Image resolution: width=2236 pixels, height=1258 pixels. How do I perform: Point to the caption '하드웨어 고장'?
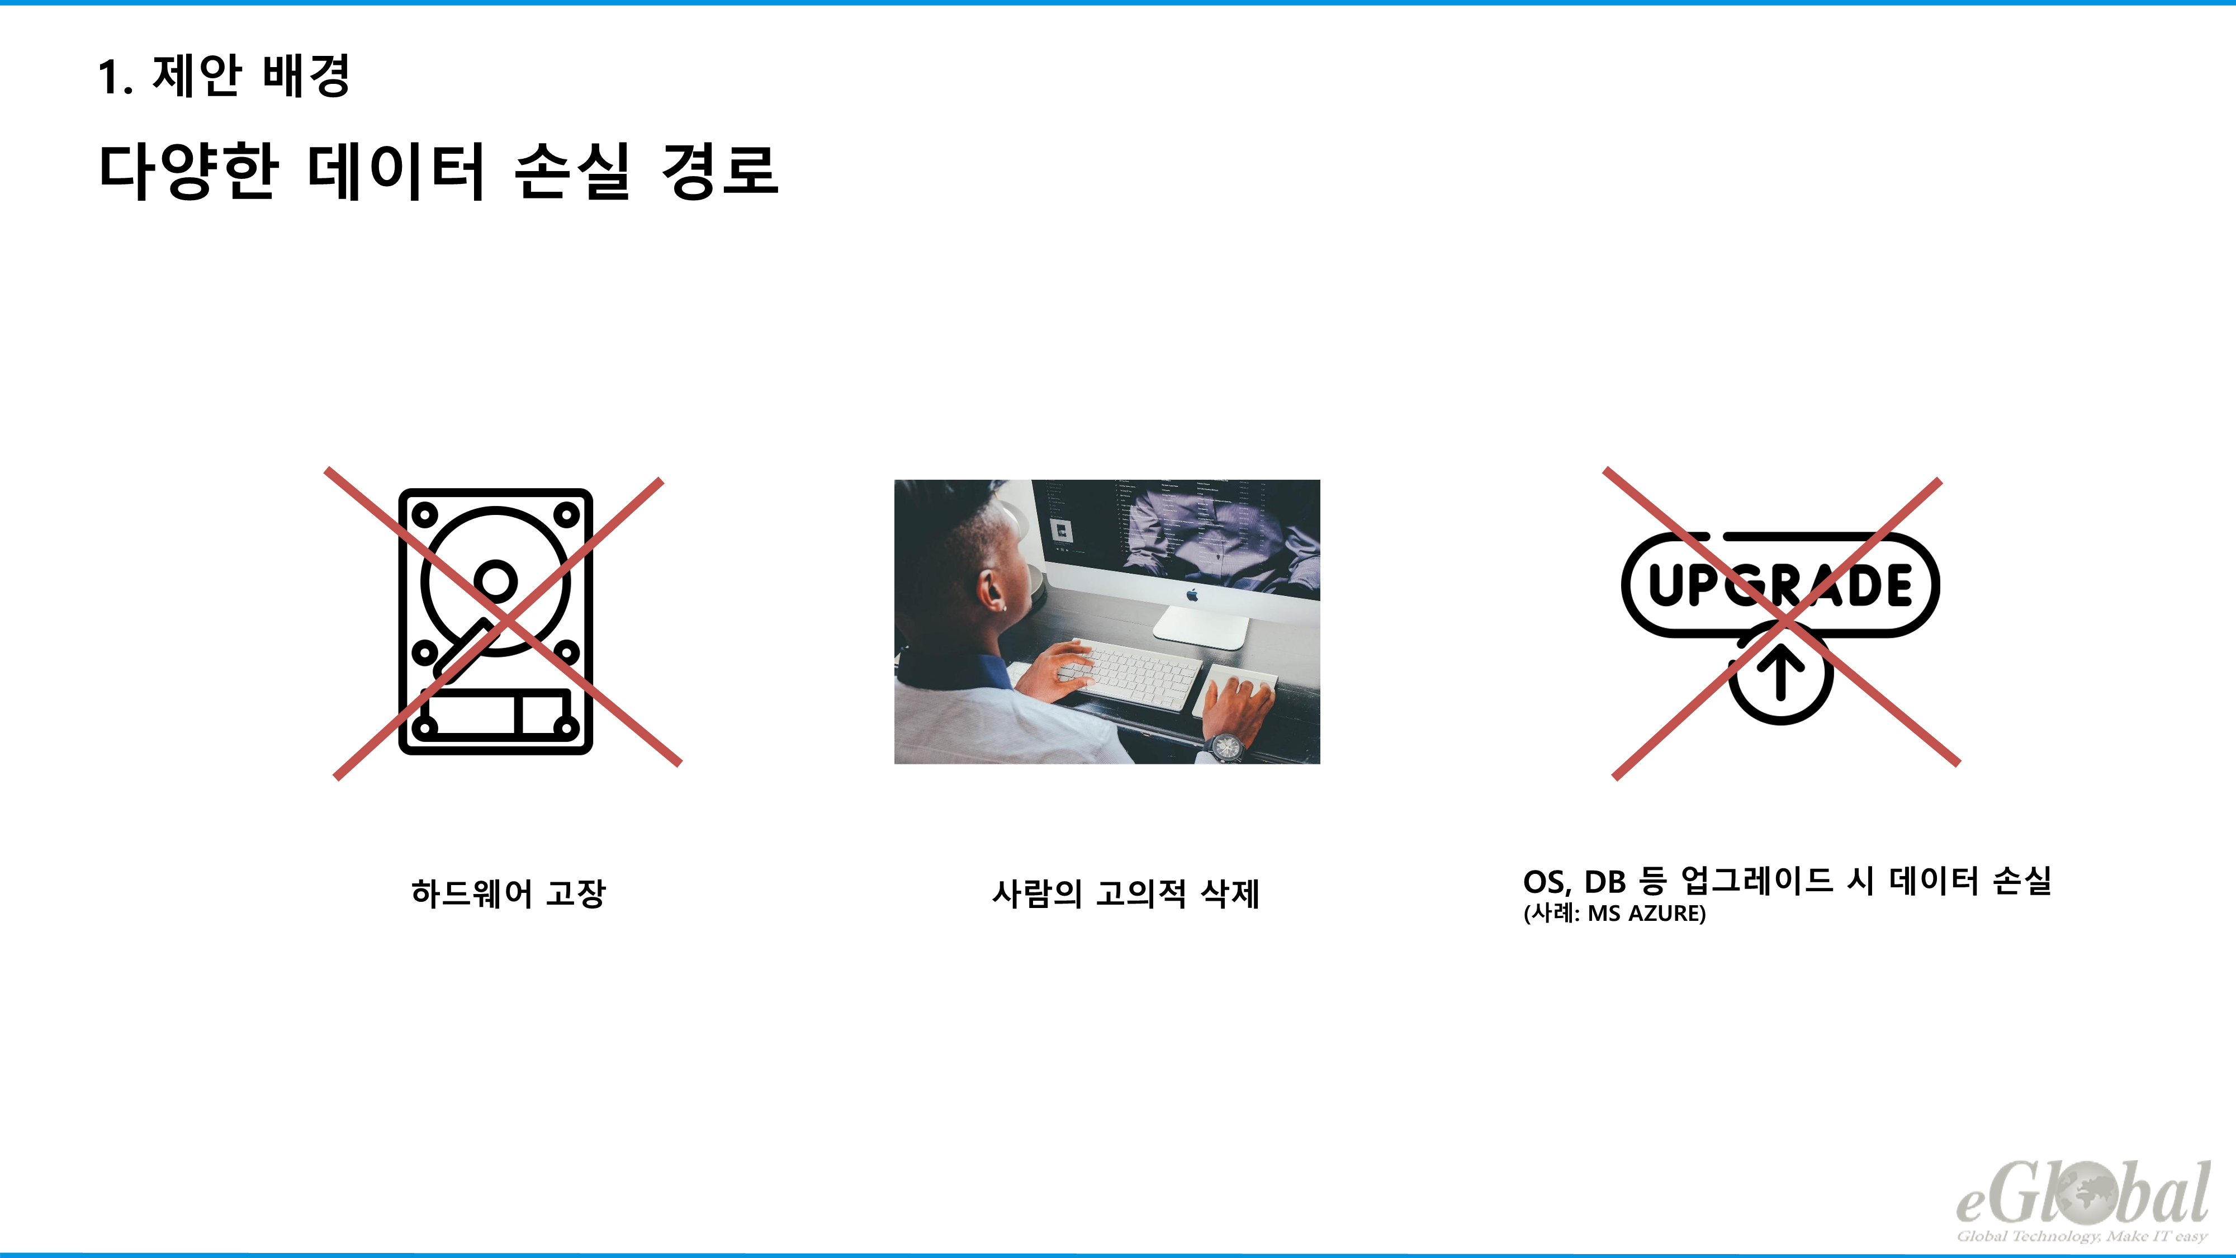pos(509,892)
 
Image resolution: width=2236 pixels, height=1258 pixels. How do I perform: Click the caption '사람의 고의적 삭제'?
pos(1125,892)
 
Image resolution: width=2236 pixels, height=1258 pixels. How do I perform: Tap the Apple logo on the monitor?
pos(1193,595)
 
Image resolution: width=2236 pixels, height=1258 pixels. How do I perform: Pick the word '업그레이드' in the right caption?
pos(1757,881)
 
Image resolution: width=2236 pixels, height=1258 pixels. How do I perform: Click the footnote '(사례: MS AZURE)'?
pos(1614,914)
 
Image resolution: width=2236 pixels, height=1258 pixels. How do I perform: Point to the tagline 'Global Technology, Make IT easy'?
pos(2082,1236)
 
